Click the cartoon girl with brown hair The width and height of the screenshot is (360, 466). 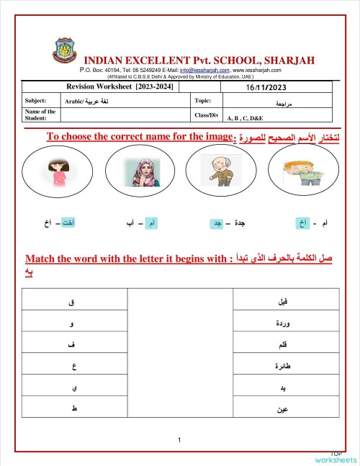pos(58,171)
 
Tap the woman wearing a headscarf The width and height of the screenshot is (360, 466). pos(139,171)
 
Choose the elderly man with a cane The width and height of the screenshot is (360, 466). pos(220,170)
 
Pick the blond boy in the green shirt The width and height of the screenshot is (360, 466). pos(302,170)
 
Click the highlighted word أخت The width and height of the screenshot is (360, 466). pos(69,224)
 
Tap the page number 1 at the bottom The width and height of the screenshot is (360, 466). pos(179,440)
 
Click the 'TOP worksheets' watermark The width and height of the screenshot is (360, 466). pos(335,457)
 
